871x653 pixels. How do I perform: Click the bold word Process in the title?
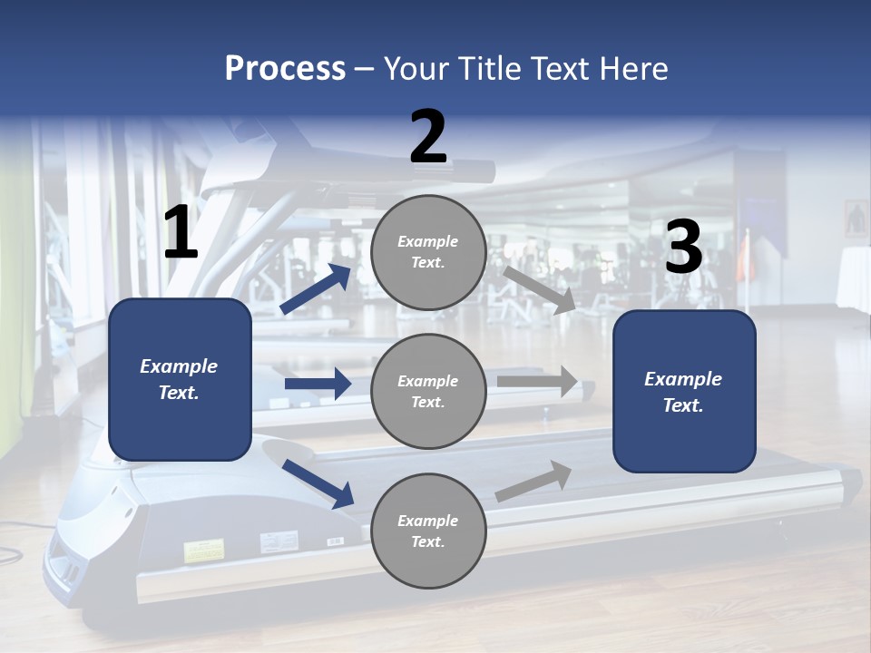click(x=285, y=68)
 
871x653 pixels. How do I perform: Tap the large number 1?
click(x=181, y=234)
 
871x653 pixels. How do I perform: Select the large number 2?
click(x=428, y=137)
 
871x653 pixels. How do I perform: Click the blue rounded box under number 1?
click(x=180, y=379)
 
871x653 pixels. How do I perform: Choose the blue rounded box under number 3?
click(x=684, y=392)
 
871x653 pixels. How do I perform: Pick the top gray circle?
click(x=428, y=252)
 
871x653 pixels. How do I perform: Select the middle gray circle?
click(x=428, y=392)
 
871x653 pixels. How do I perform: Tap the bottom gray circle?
click(x=428, y=531)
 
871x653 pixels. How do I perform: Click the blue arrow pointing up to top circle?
click(x=316, y=289)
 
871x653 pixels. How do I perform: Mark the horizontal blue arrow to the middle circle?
click(x=318, y=384)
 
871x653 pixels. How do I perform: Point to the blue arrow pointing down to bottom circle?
click(x=318, y=483)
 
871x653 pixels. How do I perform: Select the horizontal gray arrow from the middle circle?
click(x=538, y=382)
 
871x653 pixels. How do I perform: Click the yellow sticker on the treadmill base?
click(x=204, y=550)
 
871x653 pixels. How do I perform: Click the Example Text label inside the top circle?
click(x=428, y=252)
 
